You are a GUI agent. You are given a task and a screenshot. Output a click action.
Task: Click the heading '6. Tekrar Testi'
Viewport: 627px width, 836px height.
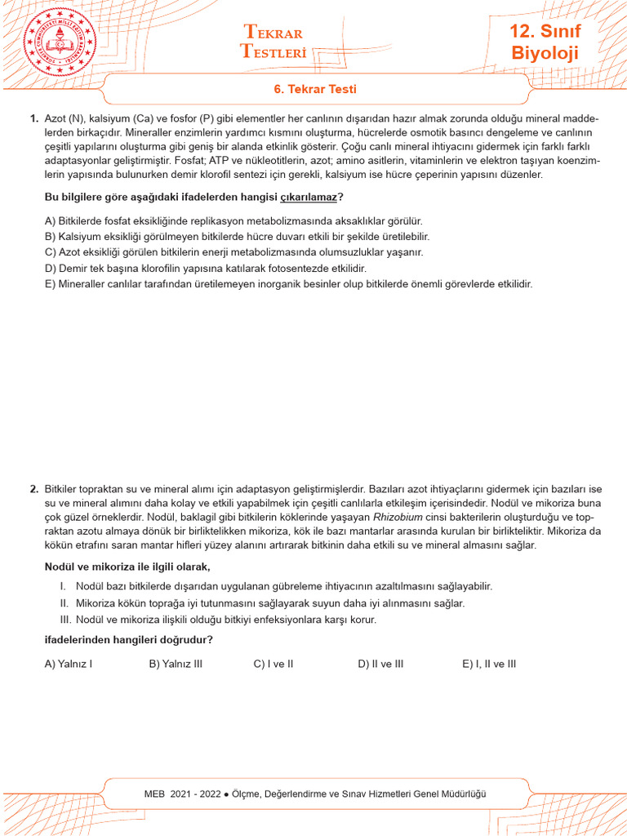pos(314,89)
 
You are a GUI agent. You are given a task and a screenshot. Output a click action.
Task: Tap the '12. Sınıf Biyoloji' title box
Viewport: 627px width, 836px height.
pos(545,42)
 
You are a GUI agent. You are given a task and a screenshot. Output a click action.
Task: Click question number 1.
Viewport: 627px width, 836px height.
pos(34,119)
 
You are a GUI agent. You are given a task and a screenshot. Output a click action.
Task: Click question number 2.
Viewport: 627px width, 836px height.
pos(34,489)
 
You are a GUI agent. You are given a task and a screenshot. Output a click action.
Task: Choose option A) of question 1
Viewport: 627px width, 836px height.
pos(233,221)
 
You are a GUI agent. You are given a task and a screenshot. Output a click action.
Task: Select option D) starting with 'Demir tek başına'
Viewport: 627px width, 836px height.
pos(206,268)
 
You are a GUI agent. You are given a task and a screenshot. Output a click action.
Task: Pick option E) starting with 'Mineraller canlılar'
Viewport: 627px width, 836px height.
pos(288,283)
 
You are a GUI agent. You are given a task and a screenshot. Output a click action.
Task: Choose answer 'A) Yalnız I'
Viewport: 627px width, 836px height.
pos(69,664)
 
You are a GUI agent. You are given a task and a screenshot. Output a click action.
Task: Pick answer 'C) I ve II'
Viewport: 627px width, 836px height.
pos(273,664)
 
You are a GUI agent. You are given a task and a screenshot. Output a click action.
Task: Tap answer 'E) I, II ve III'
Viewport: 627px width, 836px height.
pos(489,664)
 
